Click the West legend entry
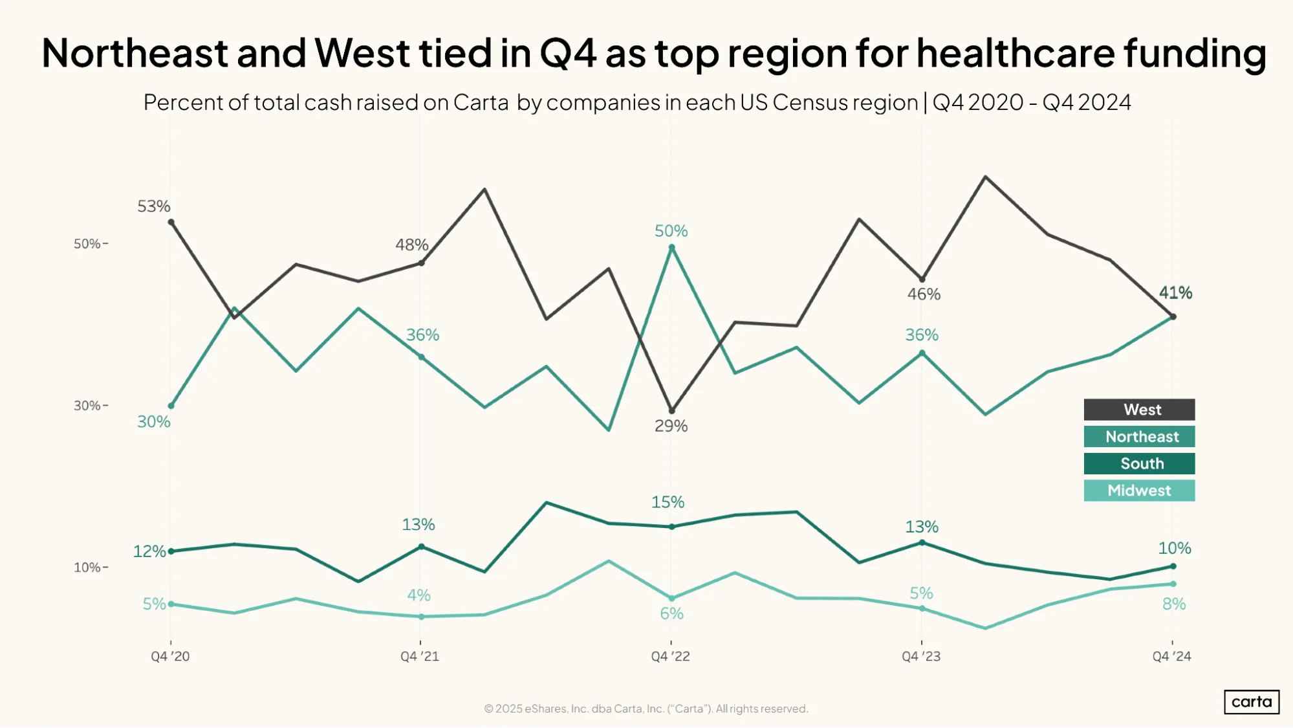pos(1139,410)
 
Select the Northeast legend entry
pos(1139,437)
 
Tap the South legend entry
pos(1139,463)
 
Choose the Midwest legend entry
pos(1139,491)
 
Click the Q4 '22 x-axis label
pos(671,656)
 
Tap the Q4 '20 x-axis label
pos(170,656)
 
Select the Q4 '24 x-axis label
pos(1171,656)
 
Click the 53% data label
pos(154,206)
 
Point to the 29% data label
pos(671,426)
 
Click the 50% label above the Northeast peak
pos(671,231)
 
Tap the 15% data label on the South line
pos(668,502)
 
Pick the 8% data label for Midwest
pos(1174,604)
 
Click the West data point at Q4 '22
pos(671,411)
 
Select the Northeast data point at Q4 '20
pos(171,406)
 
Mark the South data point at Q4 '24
pos(1173,566)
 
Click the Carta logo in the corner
pos(1252,702)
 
